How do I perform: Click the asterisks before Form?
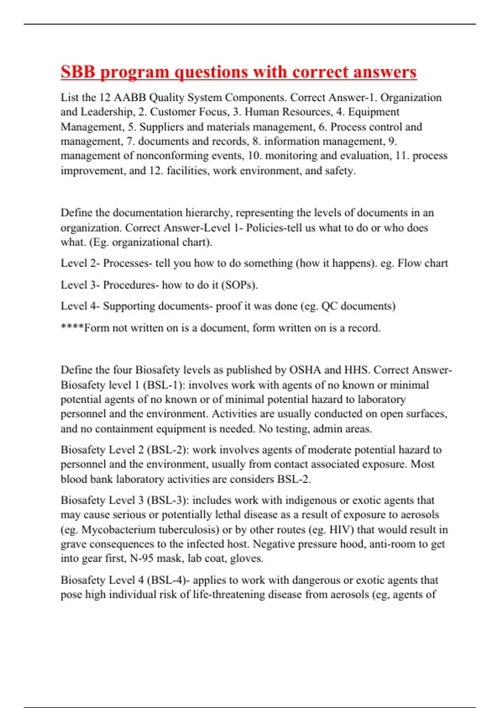tap(72, 328)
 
